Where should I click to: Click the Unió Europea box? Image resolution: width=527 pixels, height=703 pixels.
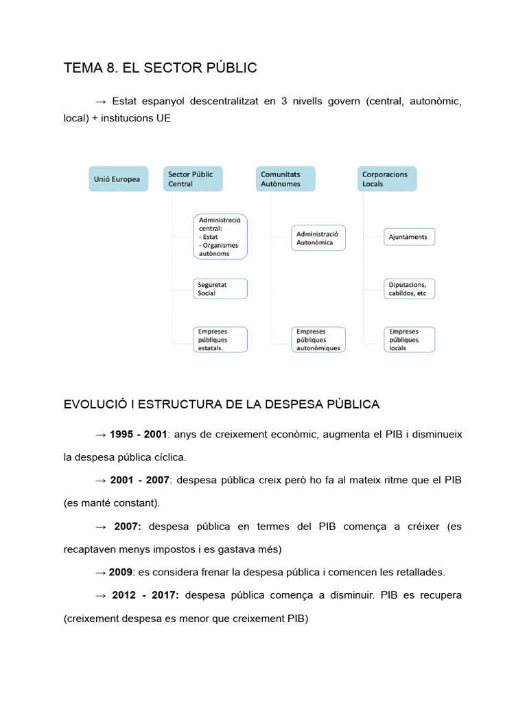(x=117, y=179)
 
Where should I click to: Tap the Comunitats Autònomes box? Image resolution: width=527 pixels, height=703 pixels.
(x=285, y=179)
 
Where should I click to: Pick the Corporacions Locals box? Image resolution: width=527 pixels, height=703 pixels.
(x=387, y=179)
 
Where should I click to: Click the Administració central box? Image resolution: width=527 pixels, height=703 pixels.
(x=220, y=237)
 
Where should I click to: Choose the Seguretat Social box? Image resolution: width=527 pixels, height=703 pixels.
(x=220, y=288)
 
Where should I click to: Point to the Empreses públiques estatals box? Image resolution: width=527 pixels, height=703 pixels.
(x=220, y=339)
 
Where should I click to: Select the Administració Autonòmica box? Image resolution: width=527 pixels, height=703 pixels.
(x=318, y=238)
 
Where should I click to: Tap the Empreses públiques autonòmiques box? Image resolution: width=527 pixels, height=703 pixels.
(x=318, y=339)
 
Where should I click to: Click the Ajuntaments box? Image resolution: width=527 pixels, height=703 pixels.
(x=410, y=238)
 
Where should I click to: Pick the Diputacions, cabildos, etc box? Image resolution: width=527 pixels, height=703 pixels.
(x=410, y=288)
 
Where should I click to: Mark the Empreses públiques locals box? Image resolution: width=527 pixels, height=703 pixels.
(x=410, y=339)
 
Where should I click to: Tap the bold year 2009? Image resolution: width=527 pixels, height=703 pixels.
(x=121, y=572)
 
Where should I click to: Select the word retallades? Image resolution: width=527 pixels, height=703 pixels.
(x=419, y=572)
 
